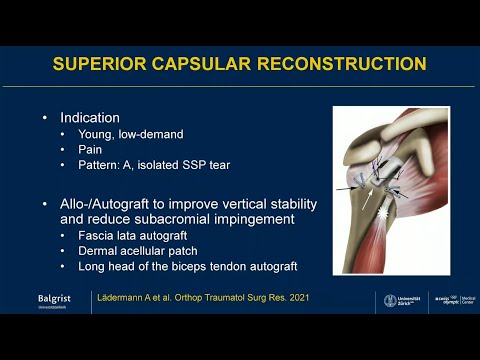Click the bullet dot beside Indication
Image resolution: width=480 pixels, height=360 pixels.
[x=44, y=118]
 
